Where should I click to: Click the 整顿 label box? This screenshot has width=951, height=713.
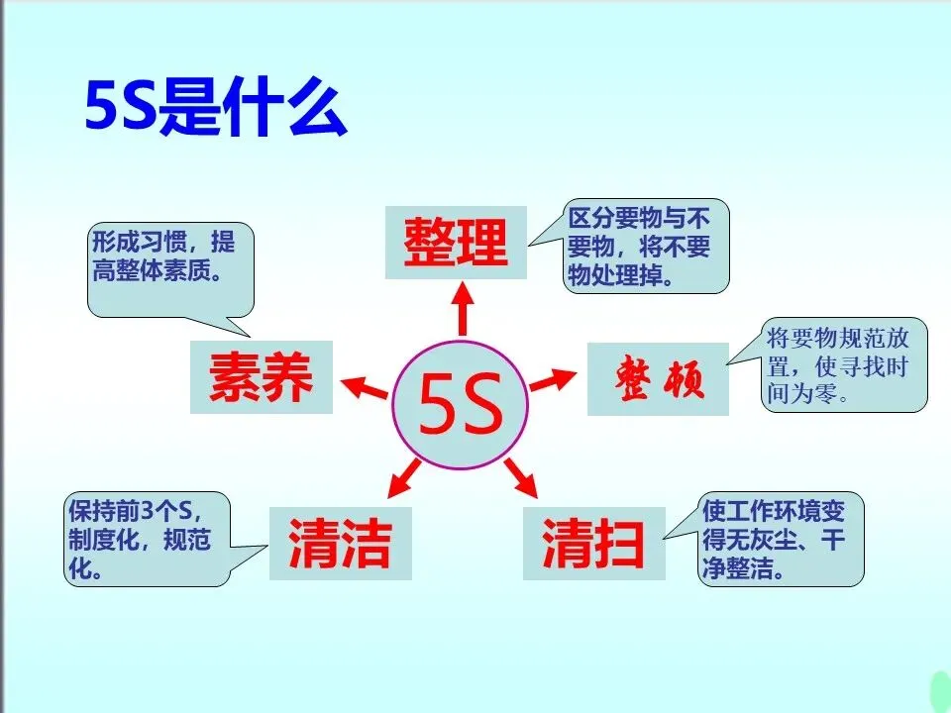pyautogui.click(x=658, y=379)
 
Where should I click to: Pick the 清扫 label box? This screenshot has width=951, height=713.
pyautogui.click(x=593, y=543)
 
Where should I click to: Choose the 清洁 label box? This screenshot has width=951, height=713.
pyautogui.click(x=340, y=543)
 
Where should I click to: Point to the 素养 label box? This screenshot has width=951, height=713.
pyautogui.click(x=261, y=377)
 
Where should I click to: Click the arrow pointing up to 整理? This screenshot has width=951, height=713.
pyautogui.click(x=461, y=308)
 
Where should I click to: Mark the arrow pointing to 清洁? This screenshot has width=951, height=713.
pyautogui.click(x=402, y=477)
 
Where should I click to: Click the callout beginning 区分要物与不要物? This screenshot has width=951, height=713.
pyautogui.click(x=646, y=246)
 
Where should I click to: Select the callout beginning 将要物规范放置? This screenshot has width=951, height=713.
pyautogui.click(x=845, y=365)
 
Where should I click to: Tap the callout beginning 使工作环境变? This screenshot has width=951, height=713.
pyautogui.click(x=782, y=540)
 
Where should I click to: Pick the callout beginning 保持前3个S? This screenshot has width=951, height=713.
pyautogui.click(x=147, y=540)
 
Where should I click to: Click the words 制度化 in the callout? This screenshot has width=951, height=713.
pyautogui.click(x=108, y=543)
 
